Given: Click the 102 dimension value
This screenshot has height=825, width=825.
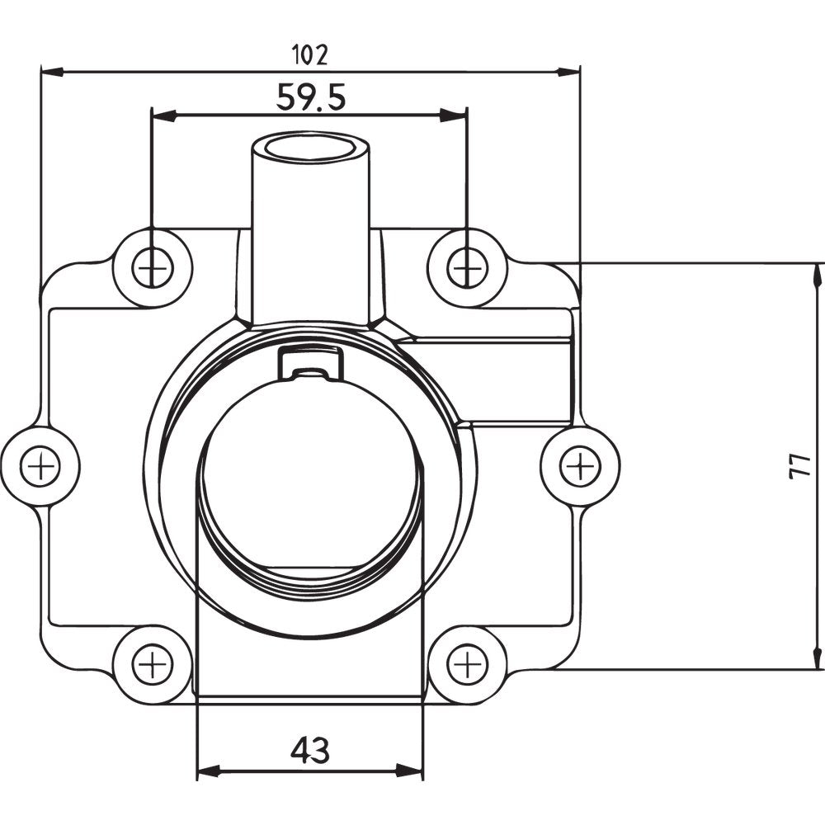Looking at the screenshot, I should click(x=310, y=54).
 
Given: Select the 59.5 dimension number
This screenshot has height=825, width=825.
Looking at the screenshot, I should click(x=310, y=97).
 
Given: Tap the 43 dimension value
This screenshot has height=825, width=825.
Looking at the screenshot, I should click(x=310, y=750).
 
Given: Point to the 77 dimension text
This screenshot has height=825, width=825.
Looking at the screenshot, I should click(x=797, y=466).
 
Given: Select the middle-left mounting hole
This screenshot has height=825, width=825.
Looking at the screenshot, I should click(x=40, y=468).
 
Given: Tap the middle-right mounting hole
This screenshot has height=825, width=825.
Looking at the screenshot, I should click(x=580, y=467).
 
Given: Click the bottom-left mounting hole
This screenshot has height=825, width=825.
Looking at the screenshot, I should click(x=153, y=664).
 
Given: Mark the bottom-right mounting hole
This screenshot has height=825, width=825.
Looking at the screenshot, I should click(x=468, y=664).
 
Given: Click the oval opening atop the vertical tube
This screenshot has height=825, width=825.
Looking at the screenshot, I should click(x=311, y=149).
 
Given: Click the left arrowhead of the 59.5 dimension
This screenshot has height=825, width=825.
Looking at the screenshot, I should click(x=162, y=115).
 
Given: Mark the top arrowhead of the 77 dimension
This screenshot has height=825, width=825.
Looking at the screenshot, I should click(x=817, y=275).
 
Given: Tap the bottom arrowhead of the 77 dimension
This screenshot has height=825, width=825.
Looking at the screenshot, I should click(x=817, y=658).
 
